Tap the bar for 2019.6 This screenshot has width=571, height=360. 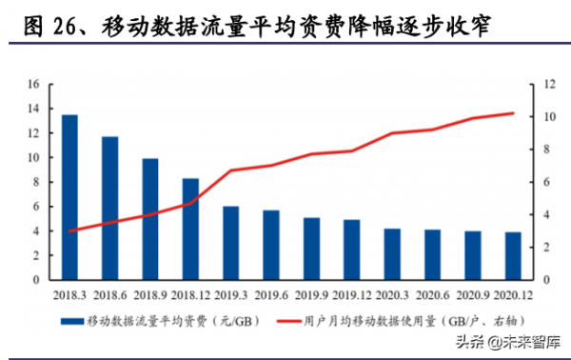coord(271,245)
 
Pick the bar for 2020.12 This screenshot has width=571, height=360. coord(512,256)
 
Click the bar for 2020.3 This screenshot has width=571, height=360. coord(392,254)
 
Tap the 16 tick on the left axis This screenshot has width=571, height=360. coord(32,84)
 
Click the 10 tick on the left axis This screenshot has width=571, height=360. coord(32,157)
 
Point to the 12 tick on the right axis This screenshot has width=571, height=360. coord(549,84)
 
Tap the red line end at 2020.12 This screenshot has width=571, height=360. coord(512,113)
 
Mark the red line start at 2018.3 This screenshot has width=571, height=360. coord(69,231)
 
